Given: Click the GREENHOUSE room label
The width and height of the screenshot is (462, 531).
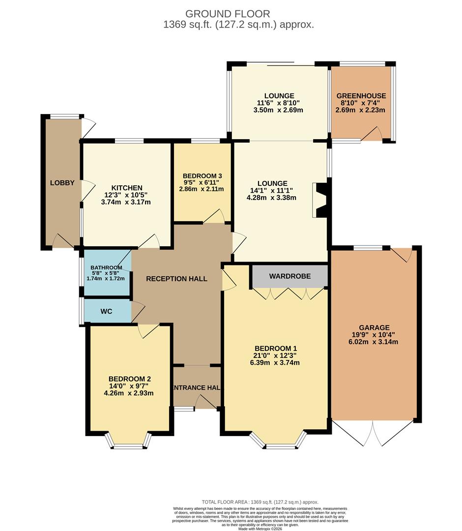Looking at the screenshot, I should pos(361,96).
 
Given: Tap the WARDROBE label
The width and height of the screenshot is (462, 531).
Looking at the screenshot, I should pos(290,276).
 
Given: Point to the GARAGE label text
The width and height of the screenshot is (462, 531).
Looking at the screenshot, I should pos(374,327).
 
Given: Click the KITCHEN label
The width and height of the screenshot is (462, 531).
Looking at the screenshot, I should pos(127,188).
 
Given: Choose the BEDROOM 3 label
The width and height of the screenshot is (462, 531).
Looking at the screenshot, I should pos(202,176).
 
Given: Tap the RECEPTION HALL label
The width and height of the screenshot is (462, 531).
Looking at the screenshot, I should pos(176,279).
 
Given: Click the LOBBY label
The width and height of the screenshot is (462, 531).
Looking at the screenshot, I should pos(62,183).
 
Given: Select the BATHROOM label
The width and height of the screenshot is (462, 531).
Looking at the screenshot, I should pos(106,267).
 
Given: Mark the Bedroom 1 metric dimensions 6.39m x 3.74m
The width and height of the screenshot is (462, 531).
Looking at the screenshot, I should pos(275,363).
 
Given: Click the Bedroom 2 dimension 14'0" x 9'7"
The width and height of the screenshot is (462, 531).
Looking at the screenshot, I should pos(129,386).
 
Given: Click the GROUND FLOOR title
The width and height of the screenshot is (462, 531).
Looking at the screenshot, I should pos(228,14).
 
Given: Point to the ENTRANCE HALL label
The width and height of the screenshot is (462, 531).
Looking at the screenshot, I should pos(196,387).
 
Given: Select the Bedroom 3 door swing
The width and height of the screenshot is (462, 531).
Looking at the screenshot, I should pos(214,217).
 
